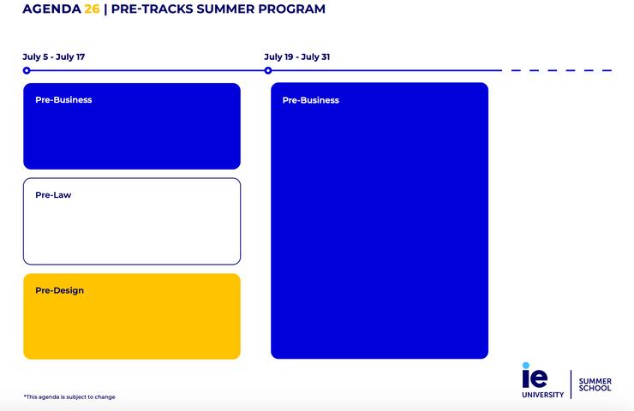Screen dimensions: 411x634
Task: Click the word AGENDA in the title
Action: [x=51, y=9]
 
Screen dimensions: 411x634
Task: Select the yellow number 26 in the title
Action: [x=93, y=9]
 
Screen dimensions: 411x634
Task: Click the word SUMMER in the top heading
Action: [x=227, y=9]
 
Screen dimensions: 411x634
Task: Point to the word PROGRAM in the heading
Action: [x=294, y=9]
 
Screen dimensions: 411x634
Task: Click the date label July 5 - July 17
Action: [x=53, y=57]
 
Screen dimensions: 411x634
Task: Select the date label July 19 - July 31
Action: [x=296, y=57]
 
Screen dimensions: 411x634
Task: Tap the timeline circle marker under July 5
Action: [x=27, y=70]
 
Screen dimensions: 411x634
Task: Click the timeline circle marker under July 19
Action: [x=268, y=70]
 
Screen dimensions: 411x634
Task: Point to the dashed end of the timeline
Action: [x=561, y=70]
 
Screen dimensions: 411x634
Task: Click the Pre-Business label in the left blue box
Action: [x=63, y=100]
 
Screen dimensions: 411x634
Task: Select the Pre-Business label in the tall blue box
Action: [x=310, y=100]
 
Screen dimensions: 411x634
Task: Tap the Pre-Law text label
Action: [x=53, y=195]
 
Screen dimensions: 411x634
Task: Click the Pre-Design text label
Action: [x=59, y=290]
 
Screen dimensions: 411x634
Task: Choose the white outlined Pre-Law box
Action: [x=132, y=229]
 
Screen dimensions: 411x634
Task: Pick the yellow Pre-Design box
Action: [x=132, y=325]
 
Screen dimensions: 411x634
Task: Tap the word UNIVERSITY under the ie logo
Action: [x=542, y=395]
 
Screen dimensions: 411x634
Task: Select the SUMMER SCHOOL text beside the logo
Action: [x=595, y=384]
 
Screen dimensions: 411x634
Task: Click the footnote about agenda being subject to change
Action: [x=69, y=396]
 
